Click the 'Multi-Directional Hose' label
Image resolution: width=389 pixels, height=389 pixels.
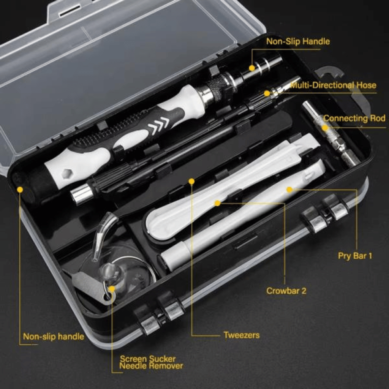(x=333, y=85)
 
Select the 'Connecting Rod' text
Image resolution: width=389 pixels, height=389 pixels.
(x=354, y=118)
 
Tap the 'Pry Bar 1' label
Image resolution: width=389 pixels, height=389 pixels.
(x=355, y=256)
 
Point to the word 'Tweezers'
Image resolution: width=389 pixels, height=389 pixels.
(x=242, y=335)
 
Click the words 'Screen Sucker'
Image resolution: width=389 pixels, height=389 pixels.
(x=148, y=359)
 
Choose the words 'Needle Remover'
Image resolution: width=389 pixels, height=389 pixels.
(x=151, y=366)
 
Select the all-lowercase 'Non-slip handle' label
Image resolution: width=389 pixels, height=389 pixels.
(x=54, y=337)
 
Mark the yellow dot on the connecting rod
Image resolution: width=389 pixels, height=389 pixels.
(x=325, y=128)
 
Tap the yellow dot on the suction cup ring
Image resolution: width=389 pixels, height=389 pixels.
(x=112, y=289)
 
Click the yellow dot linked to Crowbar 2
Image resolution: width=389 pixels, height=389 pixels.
(x=217, y=203)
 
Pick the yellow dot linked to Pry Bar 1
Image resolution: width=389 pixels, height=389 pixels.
(x=289, y=189)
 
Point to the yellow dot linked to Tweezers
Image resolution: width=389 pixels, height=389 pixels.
(x=191, y=182)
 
